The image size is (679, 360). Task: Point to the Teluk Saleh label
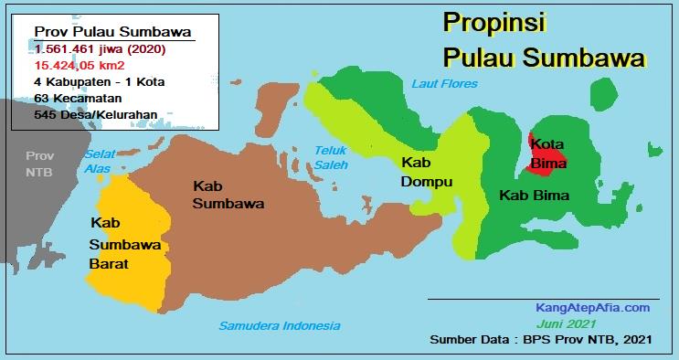332,157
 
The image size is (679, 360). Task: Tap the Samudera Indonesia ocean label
279,326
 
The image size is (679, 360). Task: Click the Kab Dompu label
427,172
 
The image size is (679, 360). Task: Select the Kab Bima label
535,196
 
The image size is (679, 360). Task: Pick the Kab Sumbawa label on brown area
228,194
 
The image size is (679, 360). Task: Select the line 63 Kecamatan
72,100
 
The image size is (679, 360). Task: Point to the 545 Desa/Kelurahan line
95,116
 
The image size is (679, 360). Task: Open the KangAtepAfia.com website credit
592,308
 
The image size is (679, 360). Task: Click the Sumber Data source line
540,341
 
